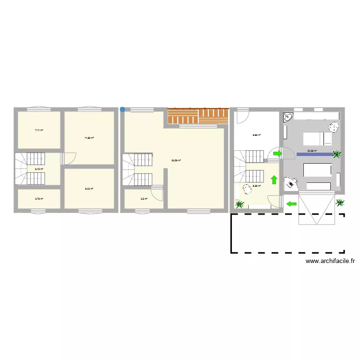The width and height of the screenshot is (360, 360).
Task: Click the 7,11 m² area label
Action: pyautogui.click(x=39, y=130)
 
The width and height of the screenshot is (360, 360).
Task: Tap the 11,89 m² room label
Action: pyautogui.click(x=89, y=138)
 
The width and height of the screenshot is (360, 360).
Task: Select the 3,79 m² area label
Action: pyautogui.click(x=39, y=198)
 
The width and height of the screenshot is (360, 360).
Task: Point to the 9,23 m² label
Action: pyautogui.click(x=89, y=189)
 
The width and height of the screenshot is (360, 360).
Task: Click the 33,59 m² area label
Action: pyautogui.click(x=176, y=160)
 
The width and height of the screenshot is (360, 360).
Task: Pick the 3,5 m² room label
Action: pyautogui.click(x=144, y=198)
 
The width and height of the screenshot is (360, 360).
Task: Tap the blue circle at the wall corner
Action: pyautogui.click(x=122, y=109)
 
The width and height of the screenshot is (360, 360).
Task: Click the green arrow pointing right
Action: pyautogui.click(x=278, y=154)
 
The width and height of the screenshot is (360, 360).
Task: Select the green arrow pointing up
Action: pyautogui.click(x=274, y=180)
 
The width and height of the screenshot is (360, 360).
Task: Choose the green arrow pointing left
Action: pyautogui.click(x=291, y=204)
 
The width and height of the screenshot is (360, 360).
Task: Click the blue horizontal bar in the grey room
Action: pyautogui.click(x=314, y=154)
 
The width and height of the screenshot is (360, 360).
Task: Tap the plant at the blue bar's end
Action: pyautogui.click(x=337, y=154)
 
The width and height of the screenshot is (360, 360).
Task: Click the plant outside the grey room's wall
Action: pyautogui.click(x=340, y=203)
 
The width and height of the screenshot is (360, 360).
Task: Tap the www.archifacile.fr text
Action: pyautogui.click(x=330, y=261)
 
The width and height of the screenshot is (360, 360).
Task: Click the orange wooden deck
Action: pyautogui.click(x=198, y=115)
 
